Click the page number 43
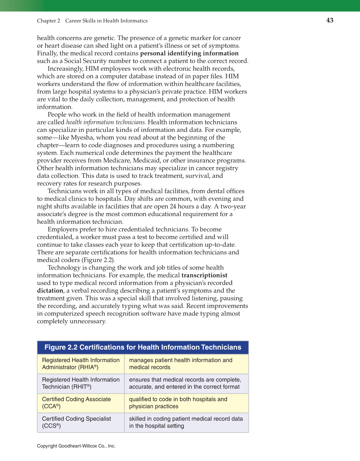[329, 21]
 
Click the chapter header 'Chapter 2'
[48, 21]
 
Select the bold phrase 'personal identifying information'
[189, 53]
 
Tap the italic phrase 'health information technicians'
[106, 122]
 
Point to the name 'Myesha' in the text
[82, 137]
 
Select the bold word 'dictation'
[50, 291]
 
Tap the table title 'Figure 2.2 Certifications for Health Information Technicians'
[143, 347]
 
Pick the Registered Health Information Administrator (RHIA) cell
[81, 364]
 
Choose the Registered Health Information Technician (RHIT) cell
[81, 383]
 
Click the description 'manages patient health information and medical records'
[181, 364]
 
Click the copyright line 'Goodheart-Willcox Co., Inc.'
[76, 446]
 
